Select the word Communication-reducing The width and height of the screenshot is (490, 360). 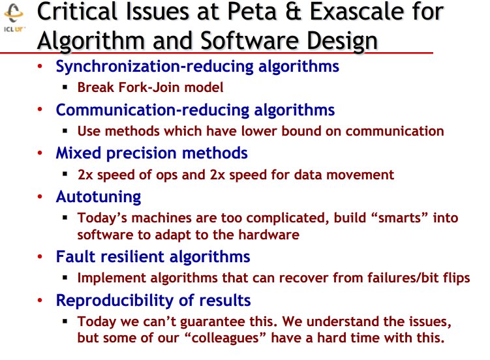click(153, 110)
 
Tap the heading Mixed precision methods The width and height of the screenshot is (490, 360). click(151, 153)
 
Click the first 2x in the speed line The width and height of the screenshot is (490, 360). click(85, 174)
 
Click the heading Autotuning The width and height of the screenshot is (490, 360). click(99, 196)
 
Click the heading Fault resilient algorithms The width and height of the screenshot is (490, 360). click(153, 256)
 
